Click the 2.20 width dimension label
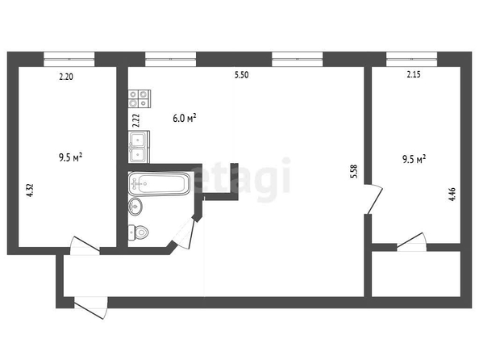point(66,76)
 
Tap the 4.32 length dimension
point(30,190)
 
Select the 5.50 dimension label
point(241,75)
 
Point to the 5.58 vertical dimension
point(354,172)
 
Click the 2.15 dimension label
point(414,74)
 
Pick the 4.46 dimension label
point(452,194)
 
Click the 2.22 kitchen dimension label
point(136,120)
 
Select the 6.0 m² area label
point(184,118)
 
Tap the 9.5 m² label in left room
point(70,158)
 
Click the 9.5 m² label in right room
point(414,159)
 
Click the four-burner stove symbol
point(140,98)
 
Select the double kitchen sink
point(139,147)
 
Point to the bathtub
point(159,183)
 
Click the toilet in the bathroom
point(138,232)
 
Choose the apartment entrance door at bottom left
point(91,308)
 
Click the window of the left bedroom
point(69,59)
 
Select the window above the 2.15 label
point(411,59)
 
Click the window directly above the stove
point(170,59)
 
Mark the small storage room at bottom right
point(416,274)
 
